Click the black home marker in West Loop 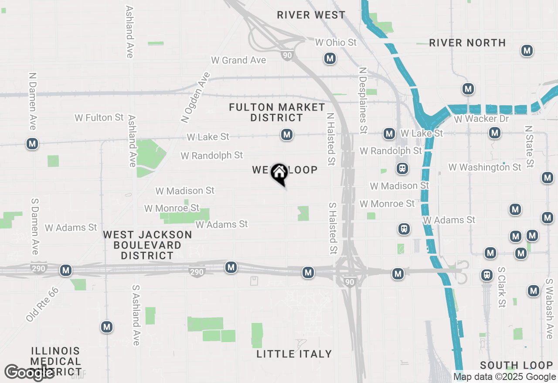[279, 174]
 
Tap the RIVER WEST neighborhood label [311, 15]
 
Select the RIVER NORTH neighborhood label [467, 43]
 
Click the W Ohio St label [336, 43]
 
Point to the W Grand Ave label [238, 60]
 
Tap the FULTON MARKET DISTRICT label [277, 112]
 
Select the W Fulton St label [99, 118]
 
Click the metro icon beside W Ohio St [330, 58]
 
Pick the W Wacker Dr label [481, 119]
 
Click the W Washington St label [485, 167]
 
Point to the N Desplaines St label [362, 100]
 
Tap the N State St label [529, 147]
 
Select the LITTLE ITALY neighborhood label [294, 354]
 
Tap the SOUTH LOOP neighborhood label [516, 365]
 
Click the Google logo [29, 373]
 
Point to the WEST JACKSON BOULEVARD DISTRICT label [147, 245]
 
